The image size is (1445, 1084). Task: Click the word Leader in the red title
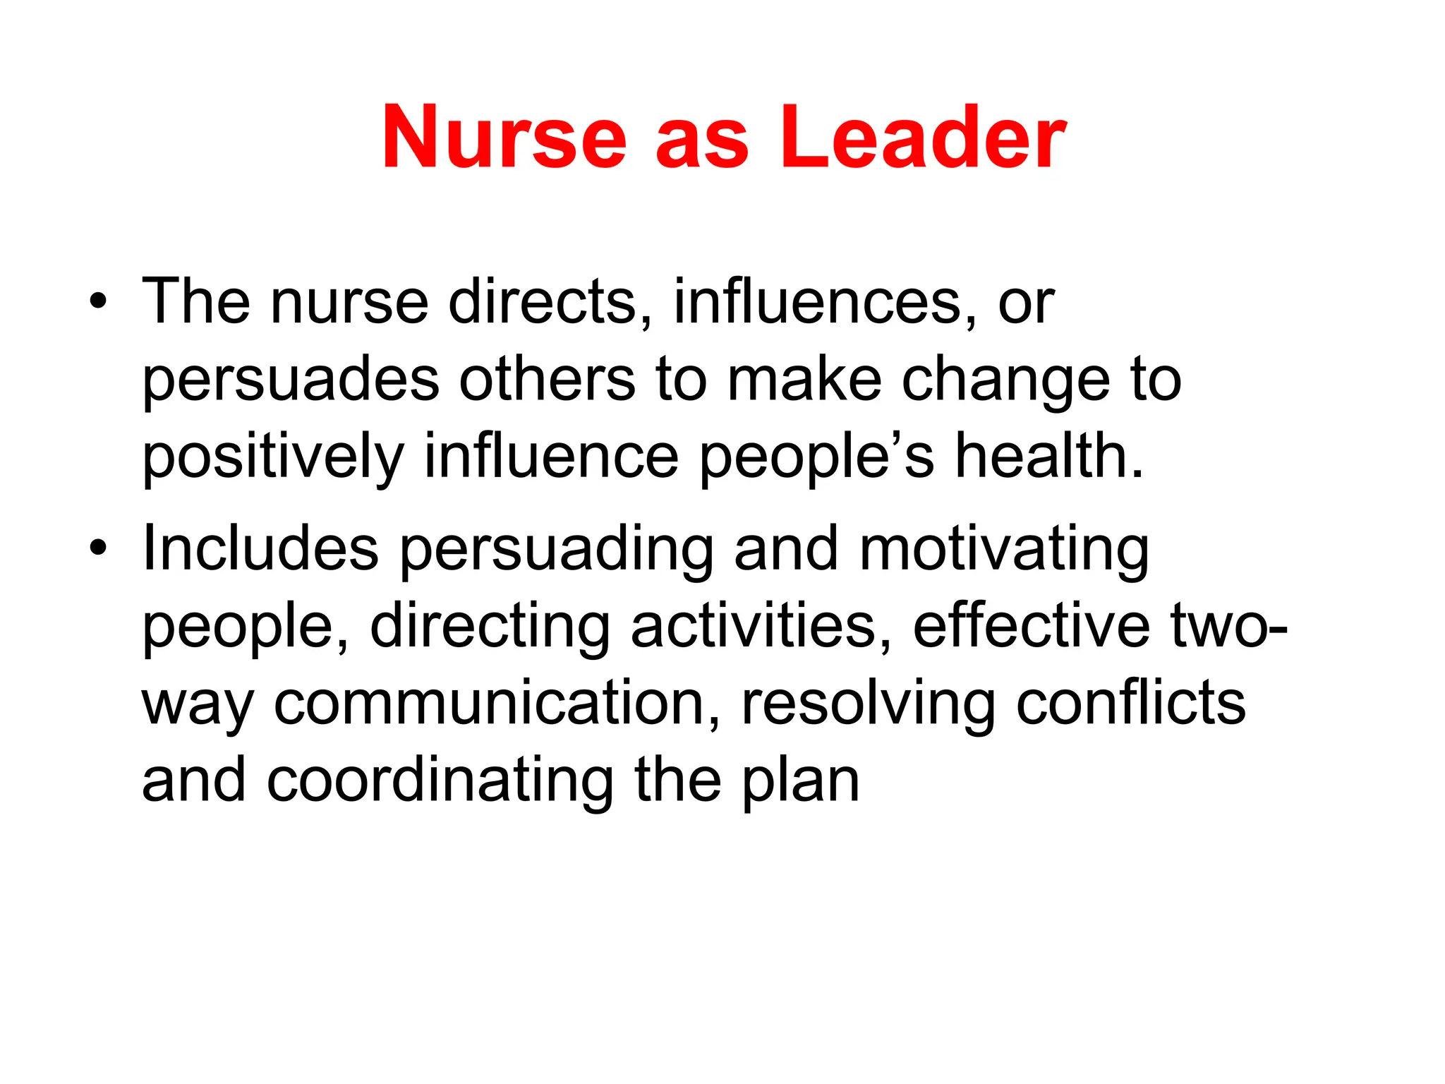point(923,137)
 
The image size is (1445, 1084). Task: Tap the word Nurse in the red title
point(504,137)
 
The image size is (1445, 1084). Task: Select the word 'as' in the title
point(702,145)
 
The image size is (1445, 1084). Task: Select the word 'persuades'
point(291,381)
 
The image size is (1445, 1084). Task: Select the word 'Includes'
point(260,548)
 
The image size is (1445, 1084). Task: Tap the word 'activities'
point(761,626)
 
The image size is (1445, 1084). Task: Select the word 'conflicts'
point(1131,703)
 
